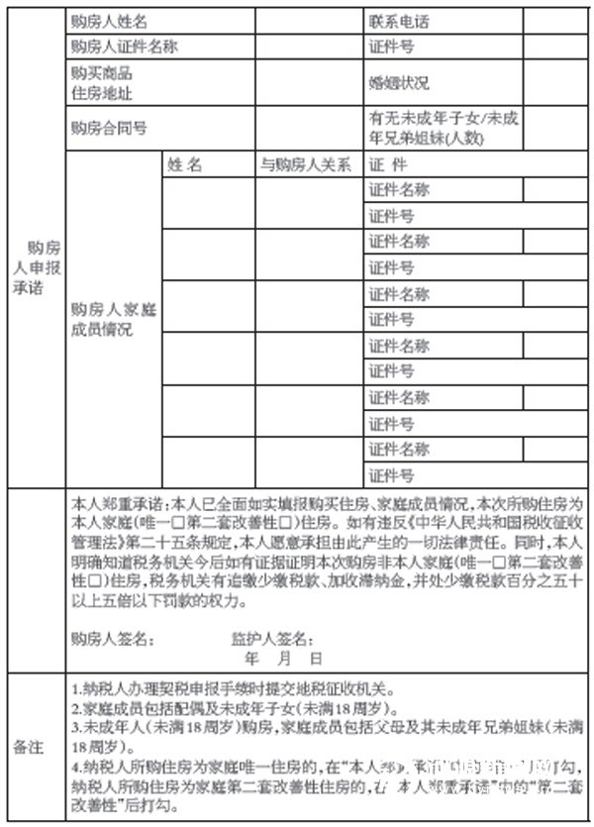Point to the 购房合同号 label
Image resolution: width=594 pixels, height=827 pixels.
point(110,127)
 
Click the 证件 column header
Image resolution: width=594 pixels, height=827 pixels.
point(387,165)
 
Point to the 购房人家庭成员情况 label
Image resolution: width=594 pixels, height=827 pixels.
point(114,320)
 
